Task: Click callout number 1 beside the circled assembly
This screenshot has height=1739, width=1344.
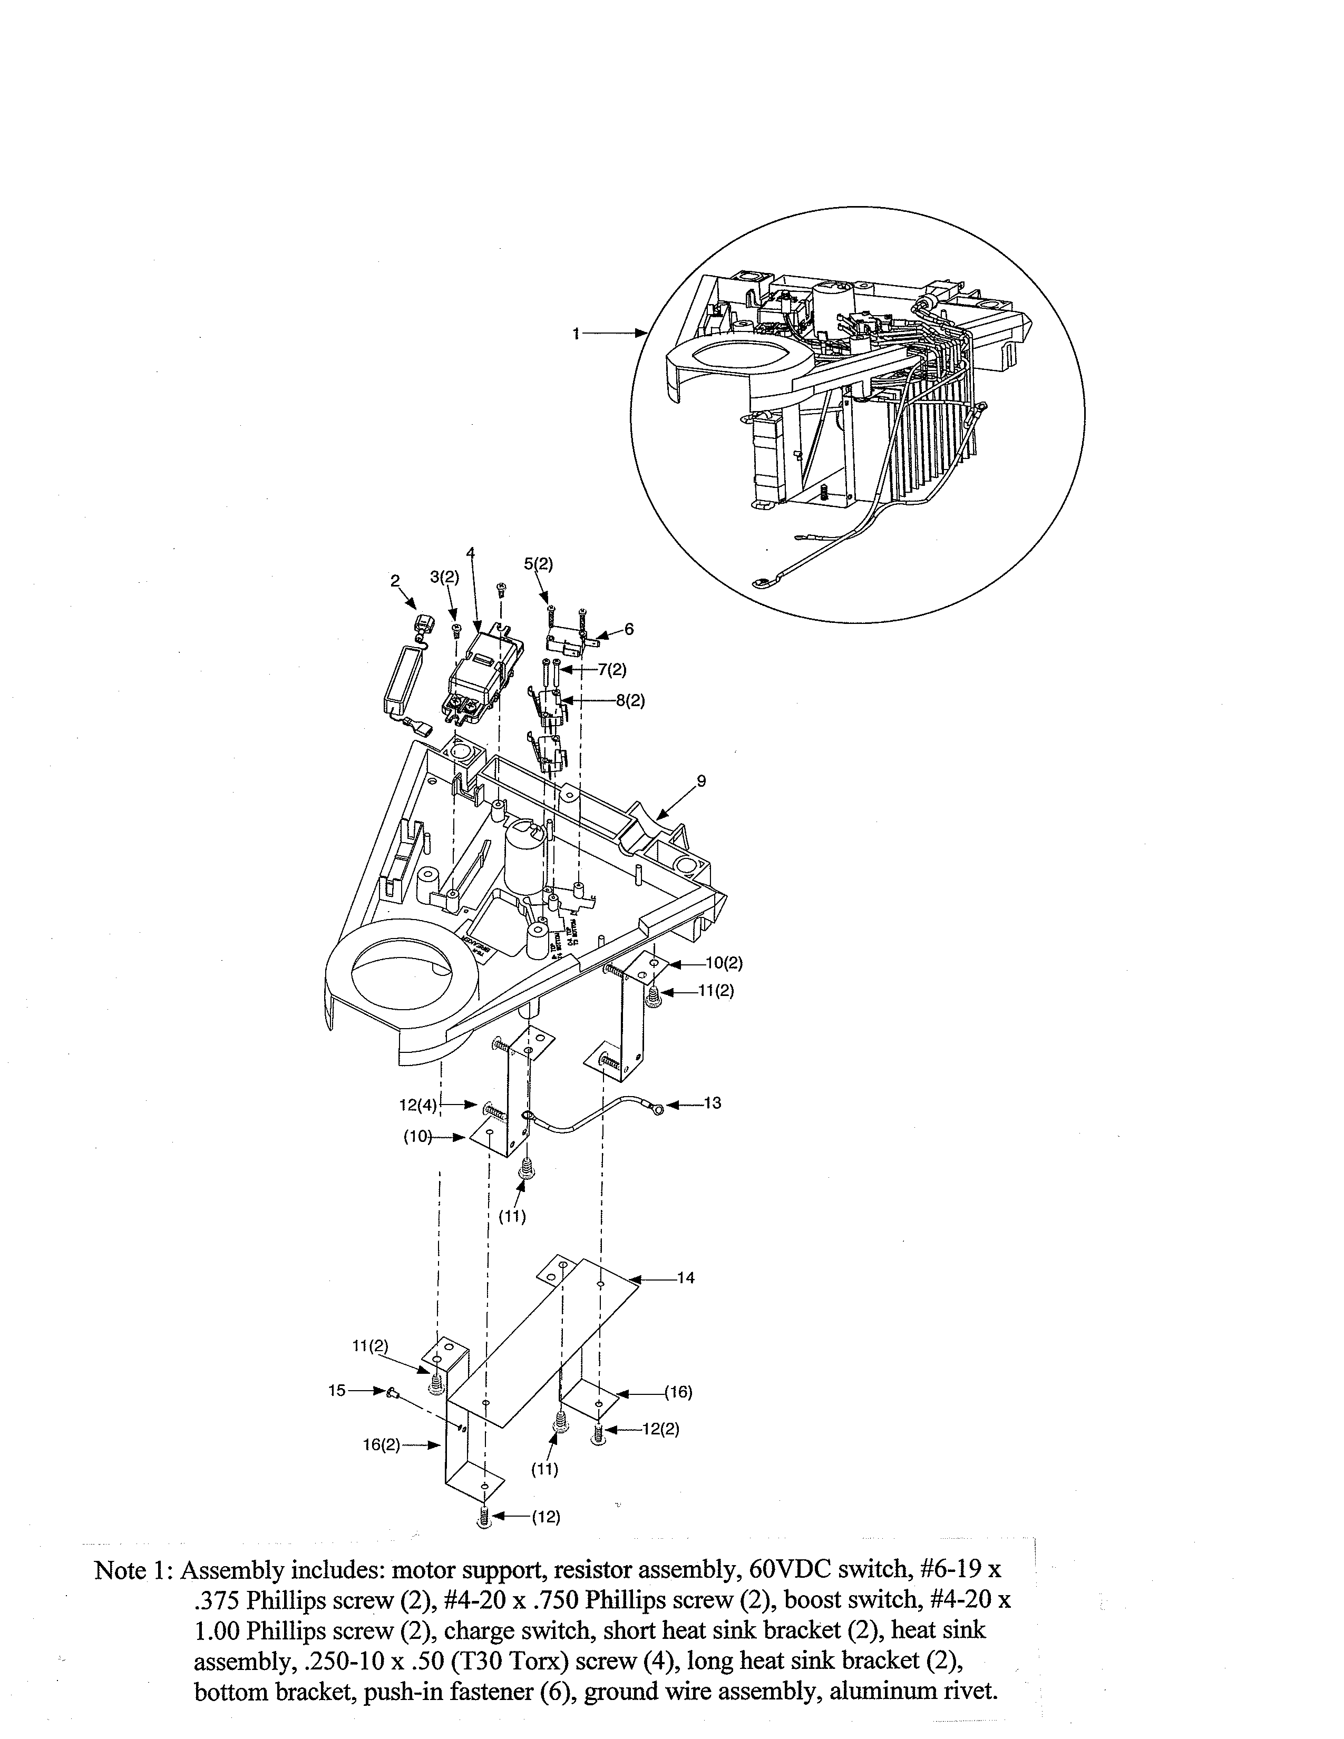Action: click(576, 335)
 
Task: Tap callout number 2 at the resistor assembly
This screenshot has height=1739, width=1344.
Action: click(395, 581)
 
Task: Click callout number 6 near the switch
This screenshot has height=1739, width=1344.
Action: click(629, 629)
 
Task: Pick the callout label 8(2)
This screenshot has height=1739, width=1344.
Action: click(630, 701)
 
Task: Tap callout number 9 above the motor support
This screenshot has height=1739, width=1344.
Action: click(700, 781)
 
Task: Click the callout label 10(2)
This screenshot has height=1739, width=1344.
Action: click(724, 963)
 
